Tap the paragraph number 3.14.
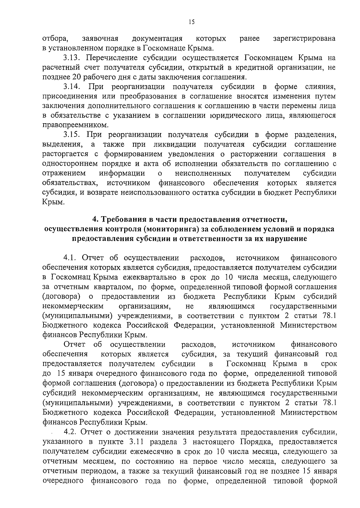pyautogui.click(x=72, y=87)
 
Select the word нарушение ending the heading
pyautogui.click(x=287, y=239)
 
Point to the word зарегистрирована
pyautogui.click(x=304, y=39)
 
